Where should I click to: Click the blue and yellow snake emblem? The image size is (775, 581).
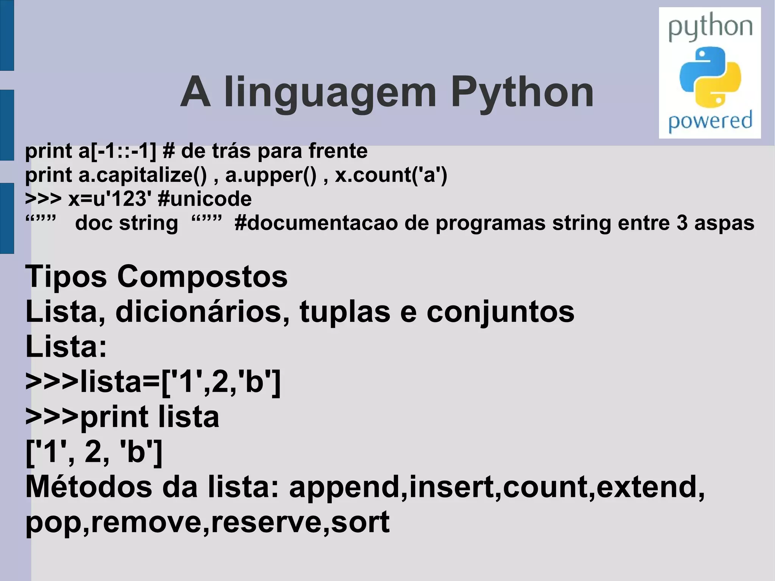[710, 77]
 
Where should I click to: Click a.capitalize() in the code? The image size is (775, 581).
[143, 175]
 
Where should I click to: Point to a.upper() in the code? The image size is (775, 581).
[271, 175]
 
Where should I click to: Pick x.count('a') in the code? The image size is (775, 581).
[391, 175]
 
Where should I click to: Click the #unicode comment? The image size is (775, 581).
[205, 199]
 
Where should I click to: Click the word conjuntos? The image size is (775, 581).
[500, 313]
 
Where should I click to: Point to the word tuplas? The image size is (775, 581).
[345, 313]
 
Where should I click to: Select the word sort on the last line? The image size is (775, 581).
[360, 522]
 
